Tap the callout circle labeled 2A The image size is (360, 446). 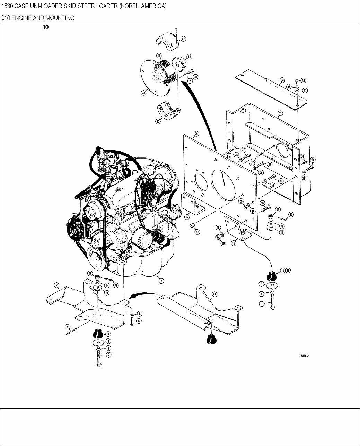(214, 294)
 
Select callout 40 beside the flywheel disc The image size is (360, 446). (143, 93)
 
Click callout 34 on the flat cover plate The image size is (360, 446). (282, 80)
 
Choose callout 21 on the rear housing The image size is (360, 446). (280, 113)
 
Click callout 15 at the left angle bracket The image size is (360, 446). (187, 217)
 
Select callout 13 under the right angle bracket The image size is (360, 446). (234, 243)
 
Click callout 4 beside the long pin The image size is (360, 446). (68, 326)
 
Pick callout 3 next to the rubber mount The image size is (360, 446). (108, 334)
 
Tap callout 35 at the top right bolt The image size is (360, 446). (304, 80)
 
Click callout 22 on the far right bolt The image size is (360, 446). (313, 160)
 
